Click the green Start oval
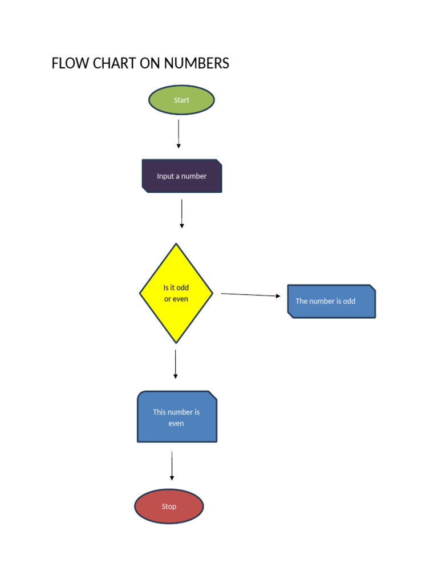click(181, 100)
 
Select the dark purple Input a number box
click(181, 176)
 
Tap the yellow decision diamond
click(176, 293)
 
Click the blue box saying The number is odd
click(331, 301)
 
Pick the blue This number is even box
click(177, 417)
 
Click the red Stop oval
click(169, 506)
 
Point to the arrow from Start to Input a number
click(179, 134)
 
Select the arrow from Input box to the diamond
click(182, 214)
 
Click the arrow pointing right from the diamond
click(250, 295)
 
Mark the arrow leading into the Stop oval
click(172, 466)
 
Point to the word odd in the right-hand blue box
click(348, 301)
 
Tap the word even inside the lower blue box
click(176, 424)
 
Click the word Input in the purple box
click(165, 176)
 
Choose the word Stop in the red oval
click(169, 506)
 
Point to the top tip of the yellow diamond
click(177, 245)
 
